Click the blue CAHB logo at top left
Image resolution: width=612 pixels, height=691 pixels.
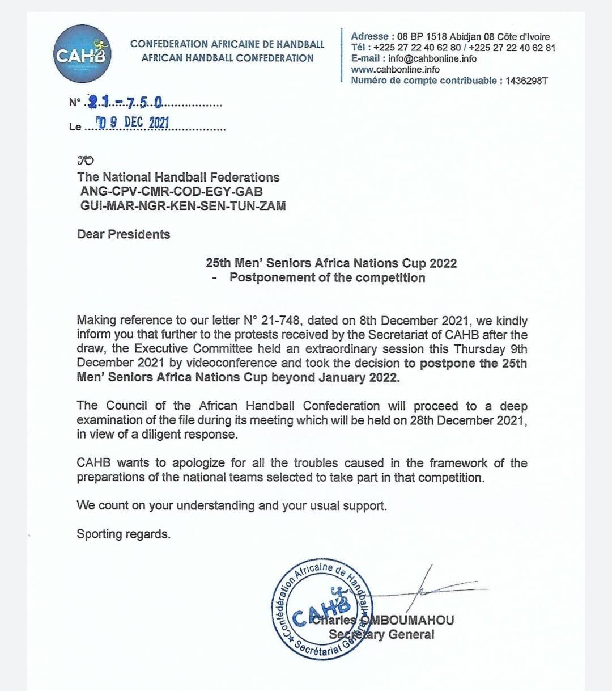(82, 54)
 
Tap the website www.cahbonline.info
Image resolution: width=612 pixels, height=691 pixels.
(395, 69)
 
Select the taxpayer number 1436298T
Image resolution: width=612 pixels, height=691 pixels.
(526, 81)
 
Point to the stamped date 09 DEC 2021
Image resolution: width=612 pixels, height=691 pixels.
(134, 122)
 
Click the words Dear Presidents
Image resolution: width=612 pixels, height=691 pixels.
(124, 234)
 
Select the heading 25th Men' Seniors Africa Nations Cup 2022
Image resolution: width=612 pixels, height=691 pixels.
(331, 263)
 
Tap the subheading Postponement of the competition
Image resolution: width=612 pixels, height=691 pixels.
(327, 277)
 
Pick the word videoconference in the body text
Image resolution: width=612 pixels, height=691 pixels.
(226, 363)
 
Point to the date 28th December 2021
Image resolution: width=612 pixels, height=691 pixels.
(469, 420)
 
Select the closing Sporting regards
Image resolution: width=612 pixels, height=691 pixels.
(124, 534)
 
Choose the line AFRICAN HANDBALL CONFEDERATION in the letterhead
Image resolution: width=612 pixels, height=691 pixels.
(227, 58)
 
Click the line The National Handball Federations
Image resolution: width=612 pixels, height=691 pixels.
(178, 177)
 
